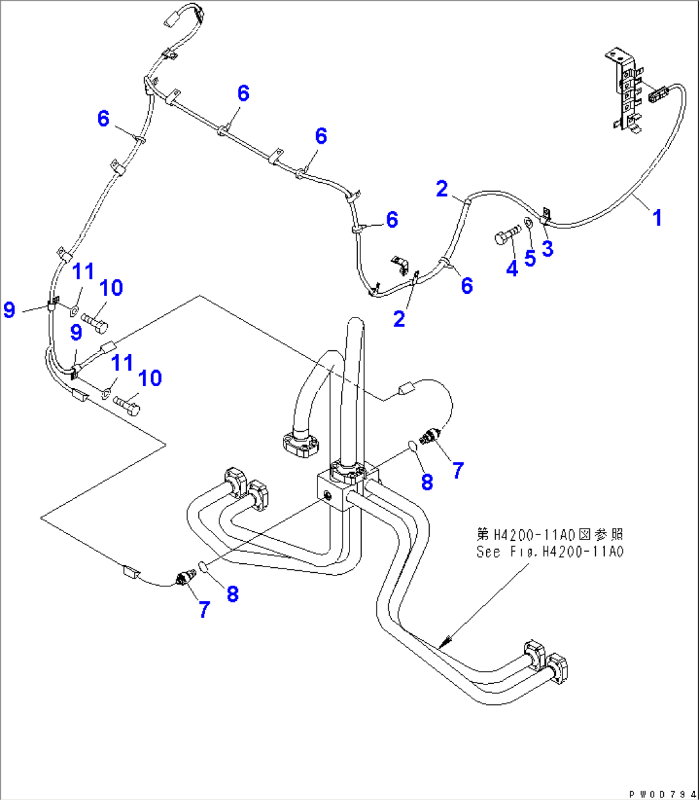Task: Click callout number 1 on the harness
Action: click(x=657, y=218)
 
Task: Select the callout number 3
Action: click(x=547, y=249)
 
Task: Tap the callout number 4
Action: click(x=512, y=269)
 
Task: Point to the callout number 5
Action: click(x=530, y=259)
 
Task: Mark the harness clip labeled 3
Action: click(x=546, y=215)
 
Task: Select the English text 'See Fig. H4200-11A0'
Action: click(x=550, y=551)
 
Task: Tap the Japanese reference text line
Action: click(x=550, y=534)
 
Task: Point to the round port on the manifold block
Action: click(x=329, y=495)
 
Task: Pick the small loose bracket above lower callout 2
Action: click(x=400, y=263)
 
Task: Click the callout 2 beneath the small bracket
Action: click(x=400, y=319)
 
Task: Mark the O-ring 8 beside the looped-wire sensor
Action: click(x=414, y=445)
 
